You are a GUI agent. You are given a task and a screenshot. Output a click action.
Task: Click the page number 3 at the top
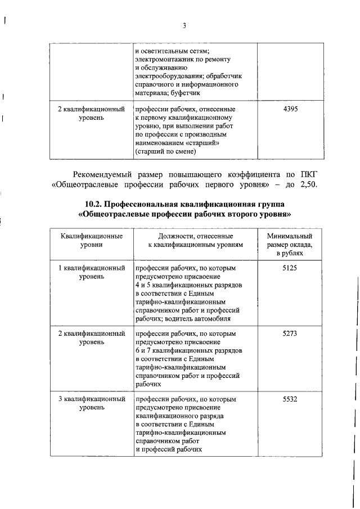click(x=184, y=25)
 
